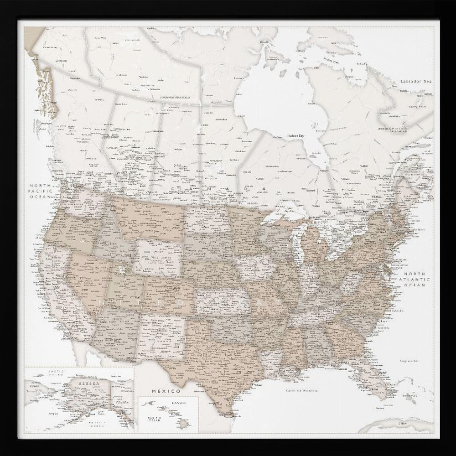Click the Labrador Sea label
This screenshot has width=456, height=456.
[415, 81]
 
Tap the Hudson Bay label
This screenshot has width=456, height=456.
[296, 136]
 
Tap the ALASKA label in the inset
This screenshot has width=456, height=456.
[78, 384]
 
